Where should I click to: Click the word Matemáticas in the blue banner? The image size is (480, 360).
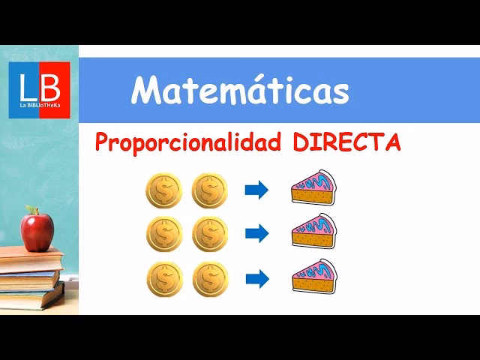click(x=240, y=91)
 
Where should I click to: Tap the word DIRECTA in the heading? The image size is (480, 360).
click(x=346, y=142)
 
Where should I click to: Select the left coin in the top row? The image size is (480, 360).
click(x=163, y=190)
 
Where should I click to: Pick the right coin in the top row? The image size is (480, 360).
click(x=209, y=190)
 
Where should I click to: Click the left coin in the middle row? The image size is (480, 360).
click(x=163, y=234)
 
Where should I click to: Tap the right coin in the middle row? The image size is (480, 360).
click(x=209, y=234)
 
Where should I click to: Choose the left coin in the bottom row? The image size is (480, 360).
click(x=163, y=278)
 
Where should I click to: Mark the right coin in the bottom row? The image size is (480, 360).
click(x=209, y=278)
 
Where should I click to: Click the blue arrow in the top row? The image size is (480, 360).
click(x=256, y=190)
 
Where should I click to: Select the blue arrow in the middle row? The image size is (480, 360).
click(x=256, y=234)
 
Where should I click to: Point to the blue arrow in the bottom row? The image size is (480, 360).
click(x=256, y=278)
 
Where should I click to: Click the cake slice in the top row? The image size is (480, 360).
click(x=314, y=188)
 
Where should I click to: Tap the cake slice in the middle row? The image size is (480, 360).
click(x=314, y=232)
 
